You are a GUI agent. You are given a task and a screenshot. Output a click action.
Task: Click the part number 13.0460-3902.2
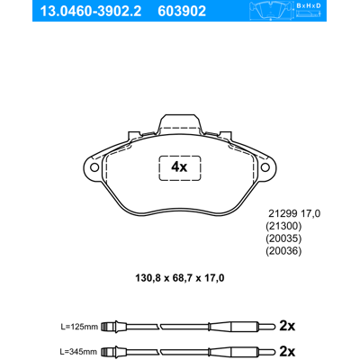(x=91, y=11)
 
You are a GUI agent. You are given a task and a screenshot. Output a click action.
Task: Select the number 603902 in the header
(x=182, y=11)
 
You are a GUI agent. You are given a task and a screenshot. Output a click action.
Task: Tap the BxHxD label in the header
(x=309, y=5)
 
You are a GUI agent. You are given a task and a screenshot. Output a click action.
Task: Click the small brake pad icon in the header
(x=271, y=11)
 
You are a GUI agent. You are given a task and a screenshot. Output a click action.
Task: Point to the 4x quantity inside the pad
(x=179, y=166)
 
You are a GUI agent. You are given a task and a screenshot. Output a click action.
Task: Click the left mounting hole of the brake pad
(x=94, y=167)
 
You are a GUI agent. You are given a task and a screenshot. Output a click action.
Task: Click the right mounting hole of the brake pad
(x=265, y=167)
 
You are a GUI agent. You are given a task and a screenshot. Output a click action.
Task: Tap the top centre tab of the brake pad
(x=180, y=123)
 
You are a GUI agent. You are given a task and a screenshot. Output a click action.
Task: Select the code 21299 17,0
(x=294, y=213)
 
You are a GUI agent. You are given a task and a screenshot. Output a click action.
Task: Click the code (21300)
(x=283, y=226)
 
